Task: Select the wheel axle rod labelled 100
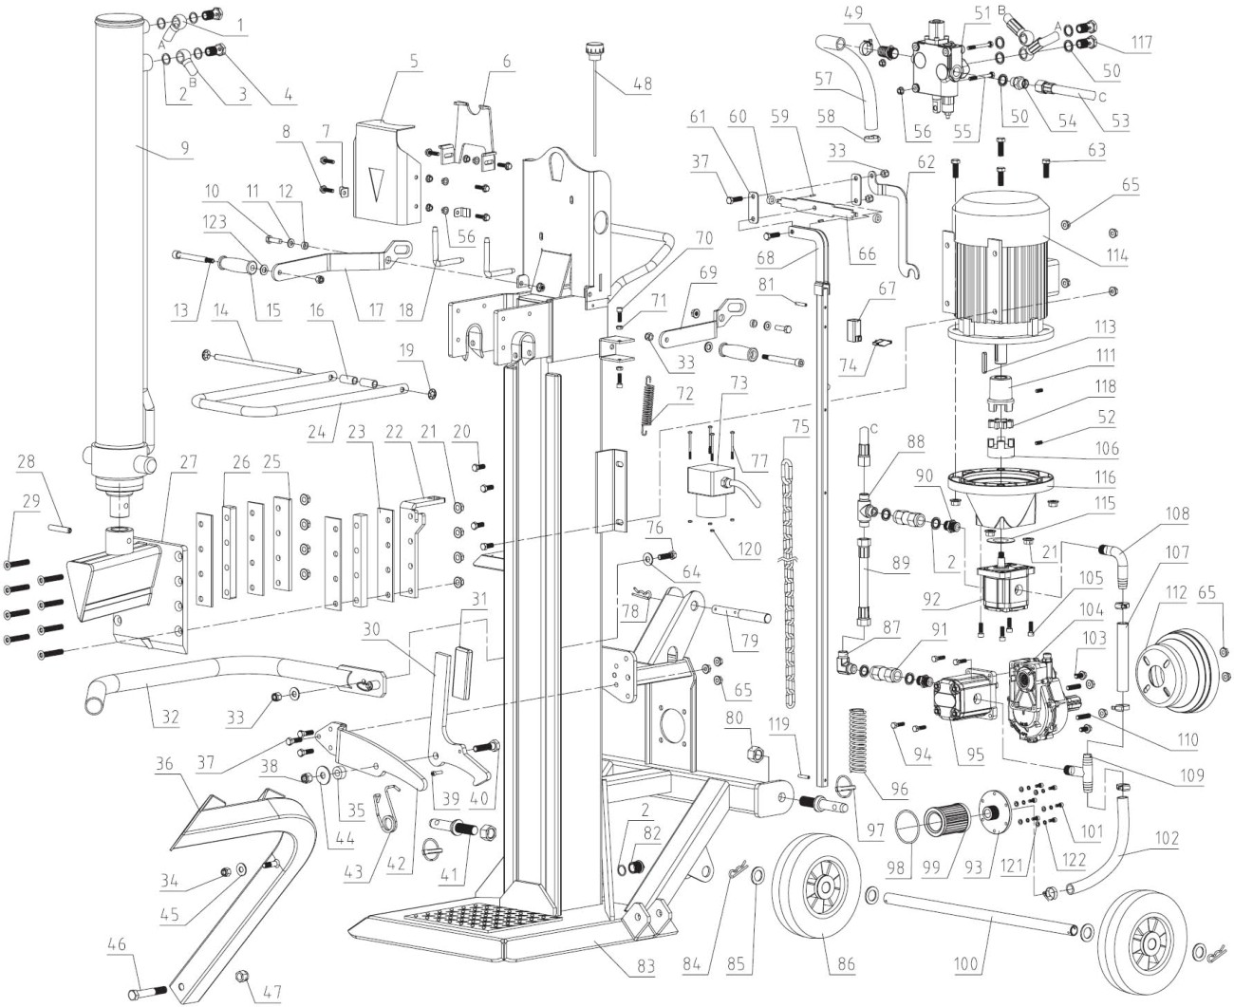(x=978, y=917)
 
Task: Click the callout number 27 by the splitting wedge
(x=187, y=461)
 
